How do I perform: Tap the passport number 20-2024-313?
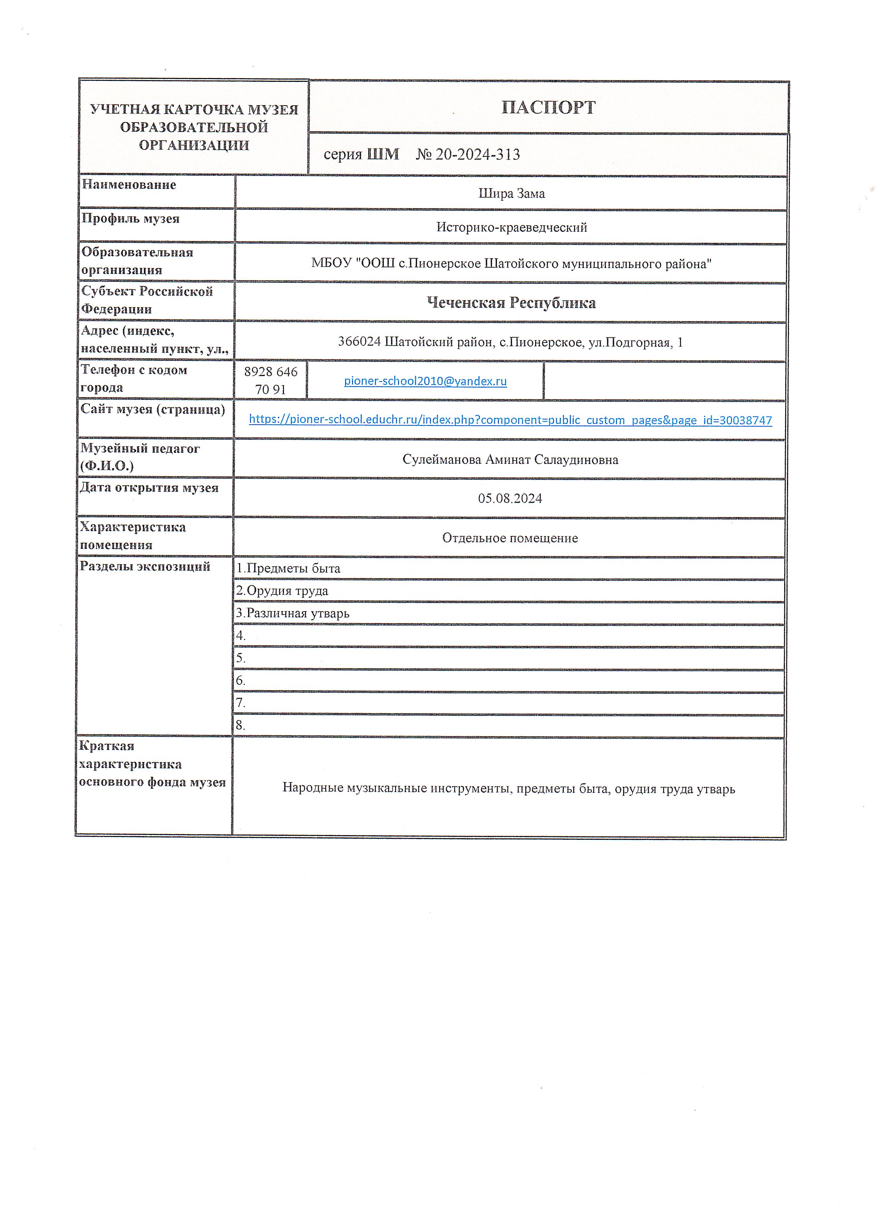[x=477, y=154]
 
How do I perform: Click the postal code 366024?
[x=359, y=342]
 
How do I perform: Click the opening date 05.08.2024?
[x=510, y=499]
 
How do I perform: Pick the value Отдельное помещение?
[x=510, y=538]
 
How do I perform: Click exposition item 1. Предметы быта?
[x=289, y=569]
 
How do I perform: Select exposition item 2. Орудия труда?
[x=283, y=591]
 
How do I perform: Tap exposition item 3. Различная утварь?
[x=293, y=614]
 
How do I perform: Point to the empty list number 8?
[x=240, y=725]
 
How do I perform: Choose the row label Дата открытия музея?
[x=149, y=488]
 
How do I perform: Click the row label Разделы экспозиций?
[x=145, y=566]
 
